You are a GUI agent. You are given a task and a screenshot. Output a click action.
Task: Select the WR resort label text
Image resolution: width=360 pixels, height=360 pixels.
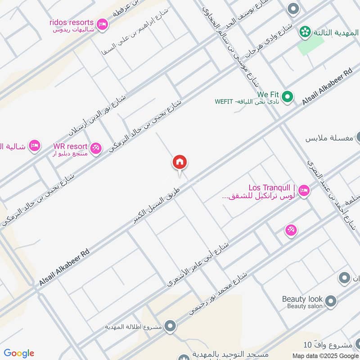(70, 147)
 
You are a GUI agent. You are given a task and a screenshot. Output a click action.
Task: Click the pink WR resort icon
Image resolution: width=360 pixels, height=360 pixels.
(95, 148)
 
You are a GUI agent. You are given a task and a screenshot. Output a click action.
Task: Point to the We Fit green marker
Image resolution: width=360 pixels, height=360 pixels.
(288, 96)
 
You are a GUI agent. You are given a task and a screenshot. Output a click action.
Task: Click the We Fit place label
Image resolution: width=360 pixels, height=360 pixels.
(268, 94)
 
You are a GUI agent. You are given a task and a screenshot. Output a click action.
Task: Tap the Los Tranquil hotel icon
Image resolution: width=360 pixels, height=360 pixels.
(303, 191)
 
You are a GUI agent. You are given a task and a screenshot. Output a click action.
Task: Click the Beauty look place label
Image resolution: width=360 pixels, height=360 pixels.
(302, 299)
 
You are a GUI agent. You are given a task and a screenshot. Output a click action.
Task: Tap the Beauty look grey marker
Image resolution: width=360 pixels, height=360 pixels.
(331, 301)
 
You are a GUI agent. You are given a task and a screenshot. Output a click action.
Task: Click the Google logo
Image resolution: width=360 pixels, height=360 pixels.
(19, 353)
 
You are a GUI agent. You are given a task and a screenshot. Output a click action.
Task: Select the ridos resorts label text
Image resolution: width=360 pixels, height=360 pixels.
(72, 22)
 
